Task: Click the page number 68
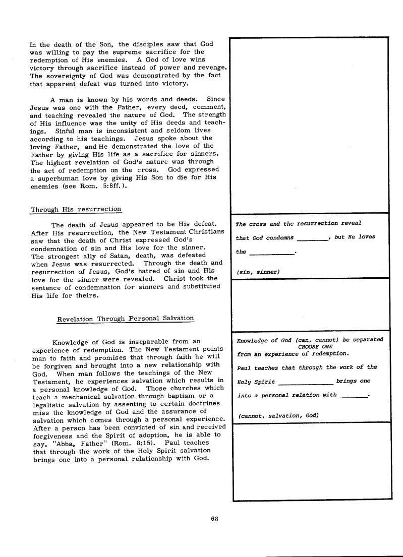click(214, 517)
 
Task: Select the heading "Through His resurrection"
click(76, 209)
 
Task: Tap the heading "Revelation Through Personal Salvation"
click(126, 318)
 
